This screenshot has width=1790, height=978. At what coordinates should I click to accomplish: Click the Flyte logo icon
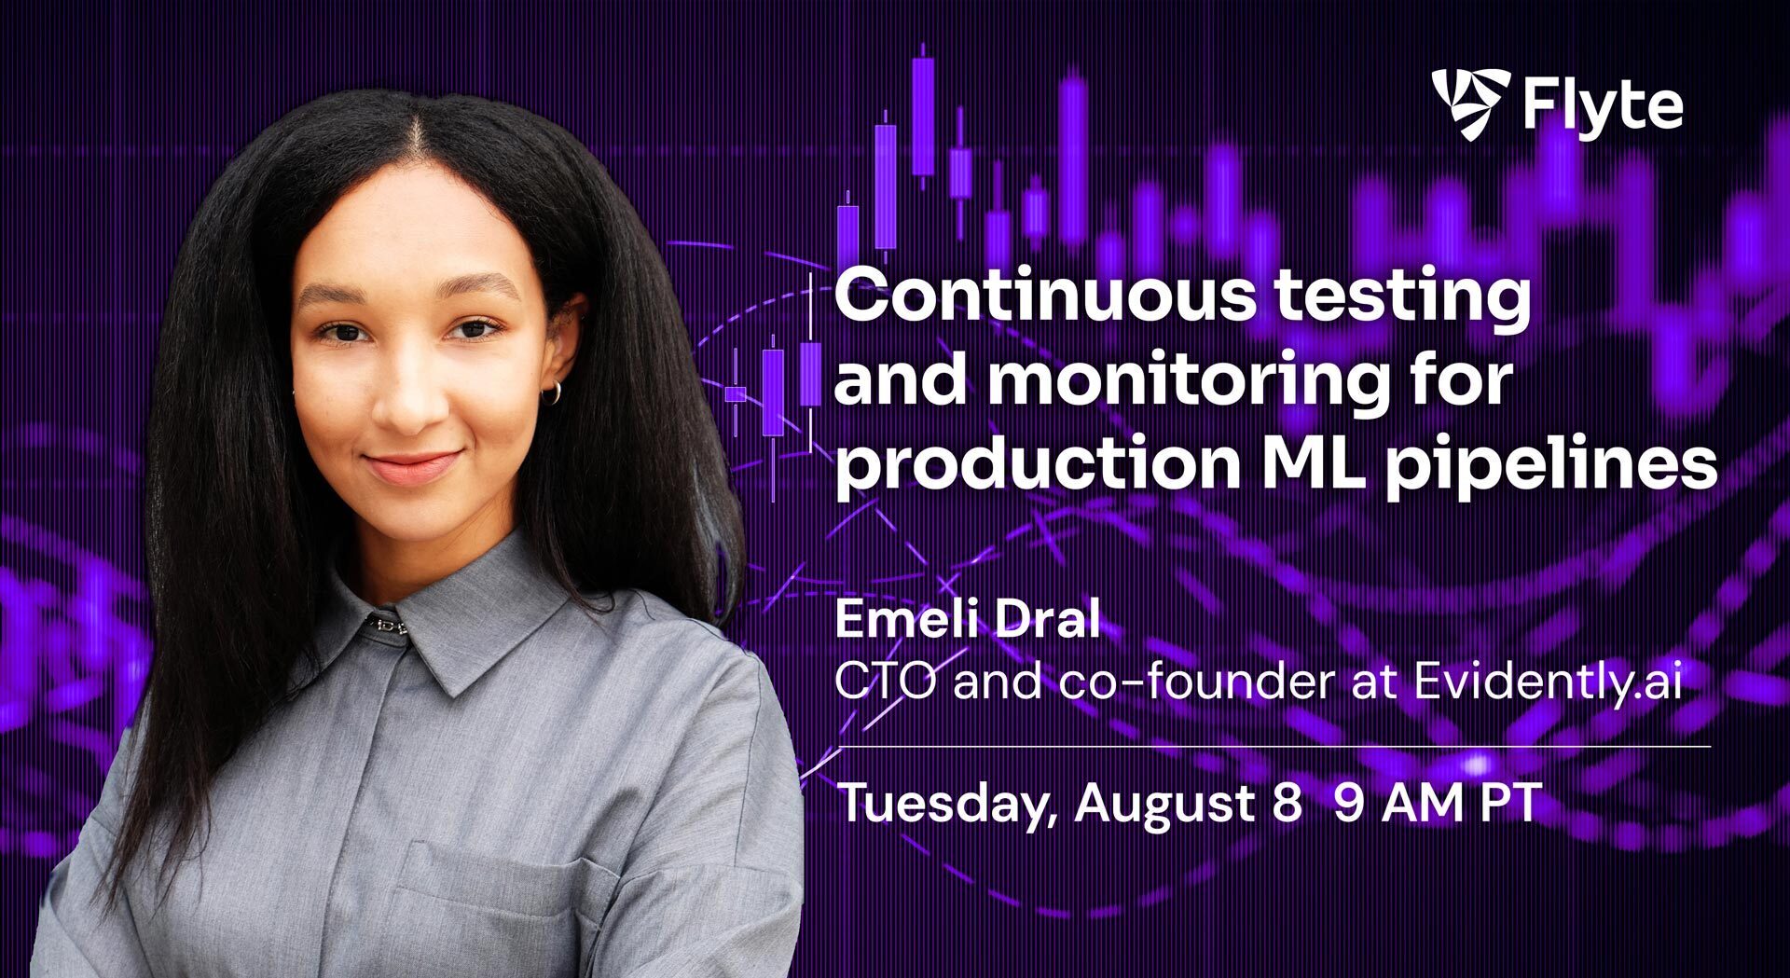point(1470,104)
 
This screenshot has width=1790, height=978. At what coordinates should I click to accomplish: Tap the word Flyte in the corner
point(1603,107)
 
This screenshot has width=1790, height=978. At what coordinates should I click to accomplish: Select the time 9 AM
point(1398,804)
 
